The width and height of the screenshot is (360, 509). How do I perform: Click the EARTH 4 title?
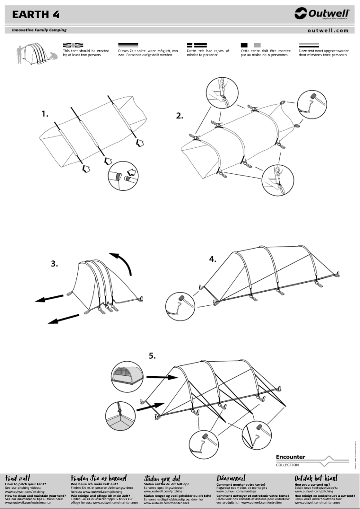(36, 14)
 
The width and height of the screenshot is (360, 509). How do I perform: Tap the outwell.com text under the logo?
(328, 31)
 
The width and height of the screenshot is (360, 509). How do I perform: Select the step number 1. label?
(45, 114)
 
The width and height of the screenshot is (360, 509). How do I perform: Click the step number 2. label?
(180, 115)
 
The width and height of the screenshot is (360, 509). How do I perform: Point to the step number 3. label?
(54, 263)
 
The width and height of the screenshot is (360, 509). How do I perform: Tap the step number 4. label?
(213, 259)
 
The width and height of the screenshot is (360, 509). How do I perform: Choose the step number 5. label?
(153, 356)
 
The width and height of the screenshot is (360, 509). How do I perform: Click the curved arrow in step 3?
(123, 263)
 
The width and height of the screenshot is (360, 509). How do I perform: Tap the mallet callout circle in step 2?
(312, 104)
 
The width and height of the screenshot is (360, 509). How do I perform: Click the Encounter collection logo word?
(290, 457)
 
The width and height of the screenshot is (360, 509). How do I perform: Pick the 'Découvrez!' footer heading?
(231, 478)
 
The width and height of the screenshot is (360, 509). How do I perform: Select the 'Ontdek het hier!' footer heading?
(316, 478)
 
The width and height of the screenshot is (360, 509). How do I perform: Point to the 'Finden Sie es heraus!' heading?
(99, 478)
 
